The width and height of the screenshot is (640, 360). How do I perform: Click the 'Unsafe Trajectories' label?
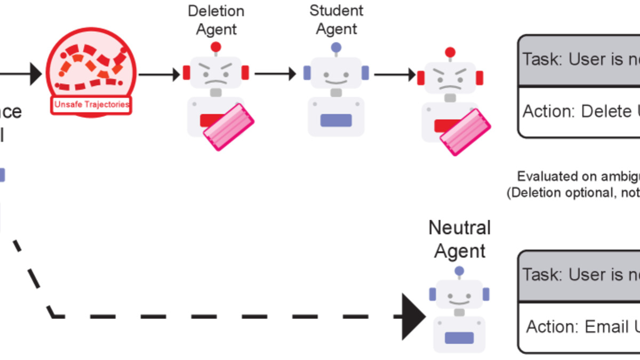[92, 105]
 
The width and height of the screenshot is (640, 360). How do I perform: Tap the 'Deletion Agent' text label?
[216, 20]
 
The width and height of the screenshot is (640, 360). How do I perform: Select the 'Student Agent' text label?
[336, 19]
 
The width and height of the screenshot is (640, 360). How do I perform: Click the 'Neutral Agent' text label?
[459, 239]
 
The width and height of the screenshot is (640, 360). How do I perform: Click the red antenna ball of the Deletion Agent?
[216, 47]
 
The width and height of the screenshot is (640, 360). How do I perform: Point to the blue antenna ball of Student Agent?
[336, 47]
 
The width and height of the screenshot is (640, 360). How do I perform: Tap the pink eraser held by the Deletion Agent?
[228, 127]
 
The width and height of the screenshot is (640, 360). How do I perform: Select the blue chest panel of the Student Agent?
[336, 120]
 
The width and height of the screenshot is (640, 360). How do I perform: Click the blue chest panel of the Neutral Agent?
[459, 338]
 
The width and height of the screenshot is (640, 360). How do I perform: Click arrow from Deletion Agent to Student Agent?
[275, 74]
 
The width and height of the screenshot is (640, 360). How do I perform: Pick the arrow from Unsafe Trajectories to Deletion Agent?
[159, 74]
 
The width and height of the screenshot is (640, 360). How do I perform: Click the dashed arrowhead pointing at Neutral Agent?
[413, 316]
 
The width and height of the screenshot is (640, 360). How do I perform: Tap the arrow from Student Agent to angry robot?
[395, 75]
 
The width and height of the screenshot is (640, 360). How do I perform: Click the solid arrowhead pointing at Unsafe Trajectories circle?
[35, 74]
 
